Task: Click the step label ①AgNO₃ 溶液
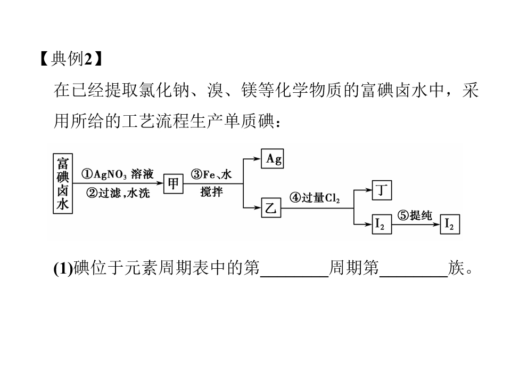[117, 174]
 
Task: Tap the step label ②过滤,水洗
[118, 193]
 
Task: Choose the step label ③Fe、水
[211, 174]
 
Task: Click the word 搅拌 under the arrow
[211, 191]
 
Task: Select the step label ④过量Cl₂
[315, 198]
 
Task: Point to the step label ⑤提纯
[415, 215]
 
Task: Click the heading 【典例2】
[71, 59]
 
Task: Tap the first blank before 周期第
[294, 276]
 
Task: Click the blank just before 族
[414, 276]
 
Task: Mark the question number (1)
[63, 268]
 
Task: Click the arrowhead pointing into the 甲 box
[160, 183]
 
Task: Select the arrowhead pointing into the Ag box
[257, 159]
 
